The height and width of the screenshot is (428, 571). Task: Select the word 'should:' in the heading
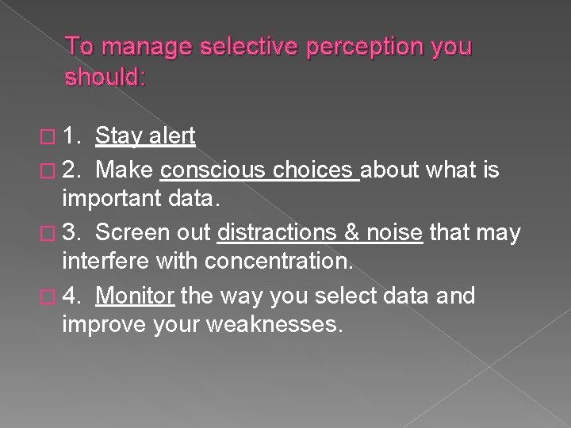(x=106, y=77)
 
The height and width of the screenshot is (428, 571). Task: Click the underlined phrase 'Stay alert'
(x=145, y=136)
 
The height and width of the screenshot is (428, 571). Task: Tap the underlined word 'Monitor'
(x=135, y=296)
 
